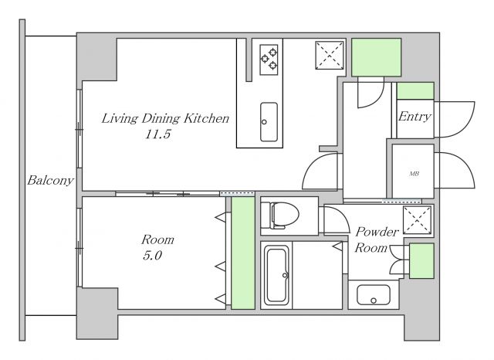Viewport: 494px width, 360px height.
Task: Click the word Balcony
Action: coord(50,181)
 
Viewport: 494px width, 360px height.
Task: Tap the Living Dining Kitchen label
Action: coord(165,118)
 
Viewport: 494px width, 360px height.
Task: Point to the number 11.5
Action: coord(157,134)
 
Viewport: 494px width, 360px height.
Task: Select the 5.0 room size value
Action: coord(153,256)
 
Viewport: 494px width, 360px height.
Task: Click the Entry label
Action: coord(414,117)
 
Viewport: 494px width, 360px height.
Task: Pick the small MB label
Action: coord(414,174)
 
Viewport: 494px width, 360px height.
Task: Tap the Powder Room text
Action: coord(377,240)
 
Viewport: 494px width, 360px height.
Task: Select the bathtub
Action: coord(277,276)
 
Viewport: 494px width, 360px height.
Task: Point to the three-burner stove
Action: coord(269,59)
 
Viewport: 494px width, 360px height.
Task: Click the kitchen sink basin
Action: coord(269,122)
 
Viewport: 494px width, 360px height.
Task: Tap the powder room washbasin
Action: coord(374,295)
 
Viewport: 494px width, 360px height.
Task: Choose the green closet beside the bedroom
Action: coord(243,253)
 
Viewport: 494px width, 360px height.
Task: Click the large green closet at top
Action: coord(376,57)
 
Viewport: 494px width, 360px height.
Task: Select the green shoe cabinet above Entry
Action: coord(415,91)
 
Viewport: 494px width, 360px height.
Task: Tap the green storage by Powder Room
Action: coord(421,260)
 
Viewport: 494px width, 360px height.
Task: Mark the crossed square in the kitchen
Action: coord(330,55)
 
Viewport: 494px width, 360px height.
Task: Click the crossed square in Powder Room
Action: coord(417,219)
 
